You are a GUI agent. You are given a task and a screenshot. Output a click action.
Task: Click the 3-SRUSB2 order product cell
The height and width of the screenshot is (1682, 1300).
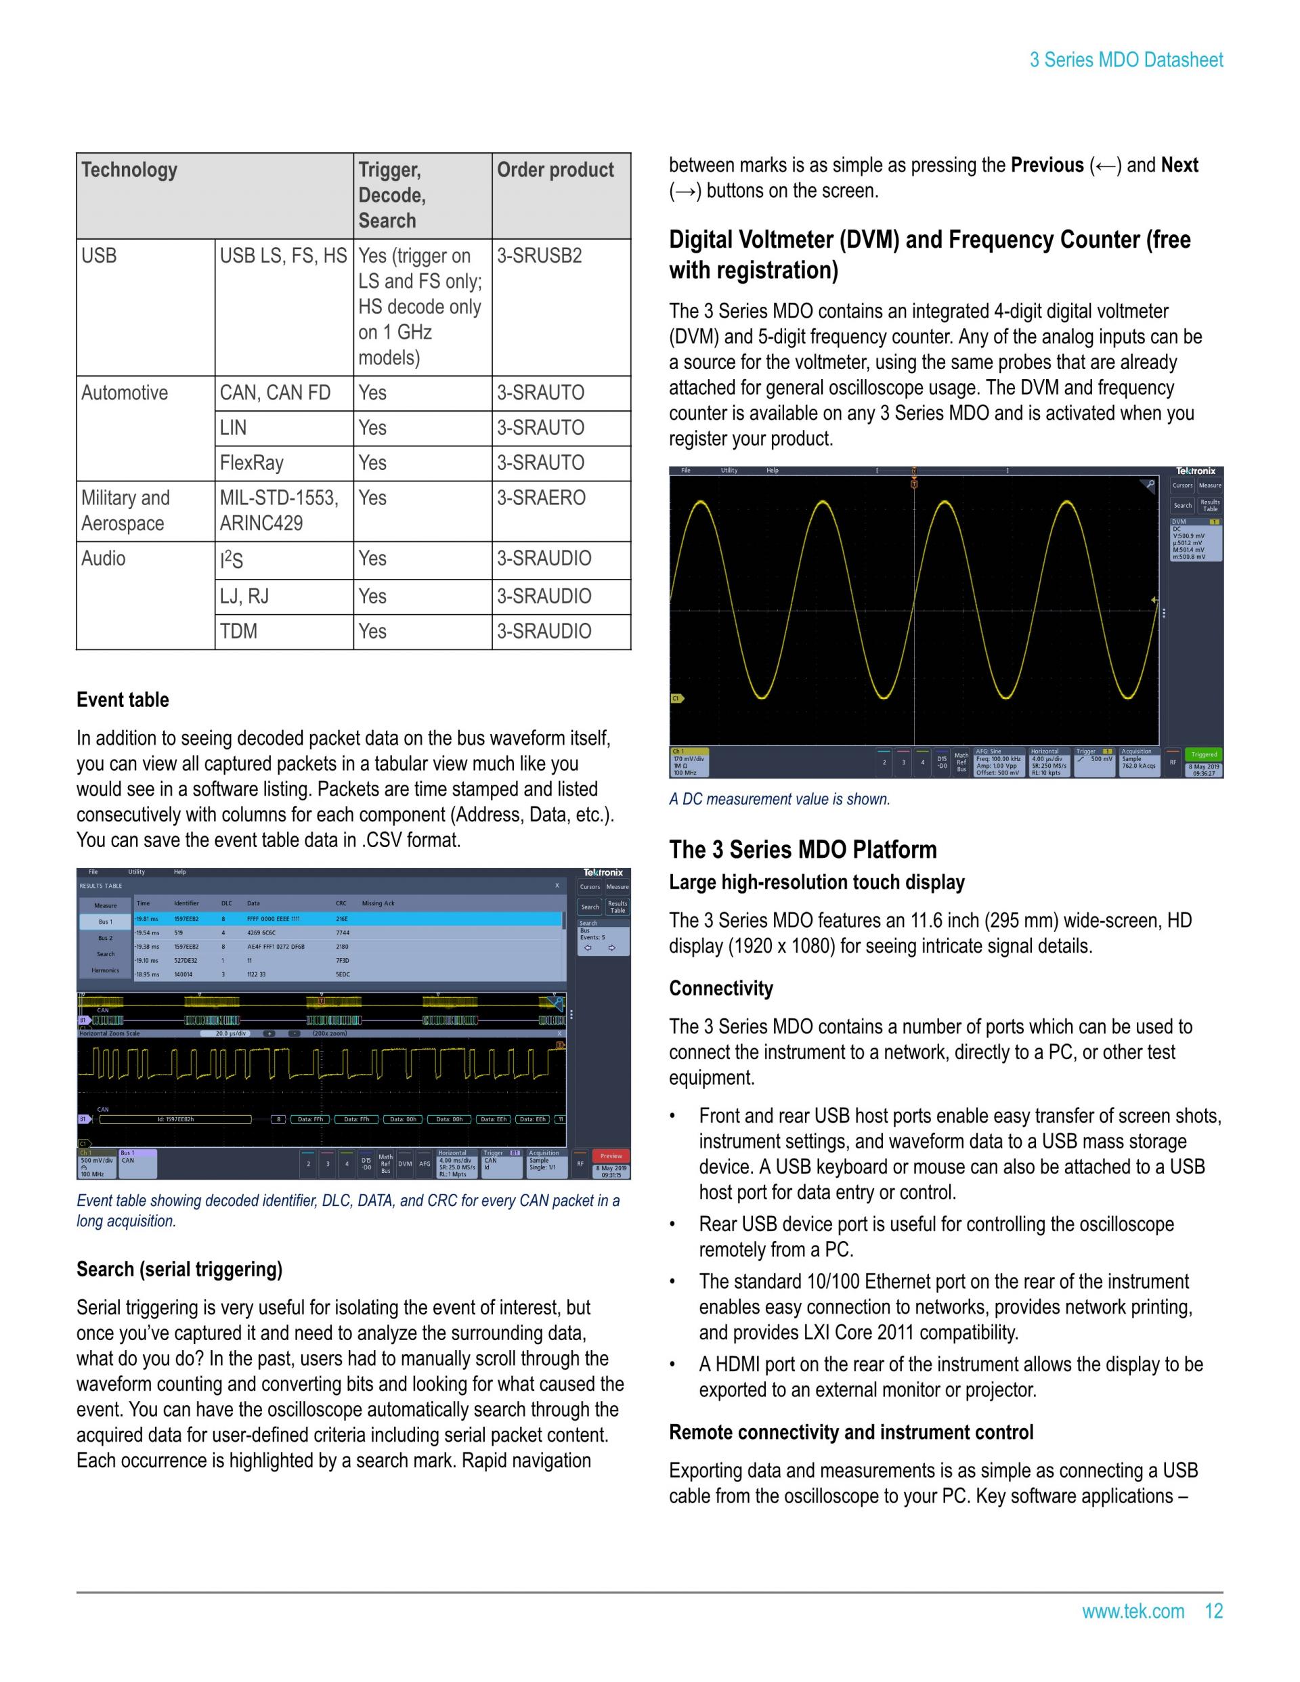(539, 256)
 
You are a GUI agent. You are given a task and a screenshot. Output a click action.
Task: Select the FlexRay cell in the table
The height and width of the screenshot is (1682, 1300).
(252, 463)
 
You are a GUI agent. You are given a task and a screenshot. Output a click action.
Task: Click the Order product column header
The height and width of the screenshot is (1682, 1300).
(555, 170)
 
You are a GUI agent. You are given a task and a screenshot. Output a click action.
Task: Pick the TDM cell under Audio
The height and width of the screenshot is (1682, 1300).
(239, 632)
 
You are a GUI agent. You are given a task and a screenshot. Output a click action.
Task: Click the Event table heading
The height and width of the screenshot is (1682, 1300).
(123, 700)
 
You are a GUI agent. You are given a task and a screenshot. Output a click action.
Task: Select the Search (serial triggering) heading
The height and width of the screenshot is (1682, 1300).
(179, 1269)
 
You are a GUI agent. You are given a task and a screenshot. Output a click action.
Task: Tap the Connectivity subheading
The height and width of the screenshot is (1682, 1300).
(721, 989)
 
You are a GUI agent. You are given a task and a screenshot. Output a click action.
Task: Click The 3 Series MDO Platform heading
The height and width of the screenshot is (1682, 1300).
(802, 850)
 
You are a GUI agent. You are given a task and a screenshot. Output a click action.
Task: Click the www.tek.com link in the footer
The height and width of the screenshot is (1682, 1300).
(1133, 1611)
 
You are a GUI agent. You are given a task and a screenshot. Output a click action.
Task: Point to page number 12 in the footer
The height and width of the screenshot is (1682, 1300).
(1214, 1611)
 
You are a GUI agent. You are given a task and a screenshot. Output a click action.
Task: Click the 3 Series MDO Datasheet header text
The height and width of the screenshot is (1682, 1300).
(1126, 60)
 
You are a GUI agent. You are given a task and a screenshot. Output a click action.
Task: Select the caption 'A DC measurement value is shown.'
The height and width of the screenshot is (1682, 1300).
(779, 800)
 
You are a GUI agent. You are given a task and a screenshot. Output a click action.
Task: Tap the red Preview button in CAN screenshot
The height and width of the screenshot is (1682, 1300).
(611, 1156)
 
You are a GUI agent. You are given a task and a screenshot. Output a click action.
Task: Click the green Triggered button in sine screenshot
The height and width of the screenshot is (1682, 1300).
(1204, 755)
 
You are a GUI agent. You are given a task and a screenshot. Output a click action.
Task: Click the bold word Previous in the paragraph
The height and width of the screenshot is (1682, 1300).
(1047, 166)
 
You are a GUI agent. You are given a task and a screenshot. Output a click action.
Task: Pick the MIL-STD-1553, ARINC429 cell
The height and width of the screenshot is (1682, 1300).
(278, 511)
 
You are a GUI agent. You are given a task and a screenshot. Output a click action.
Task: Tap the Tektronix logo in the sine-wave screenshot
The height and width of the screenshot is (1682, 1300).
(1195, 471)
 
